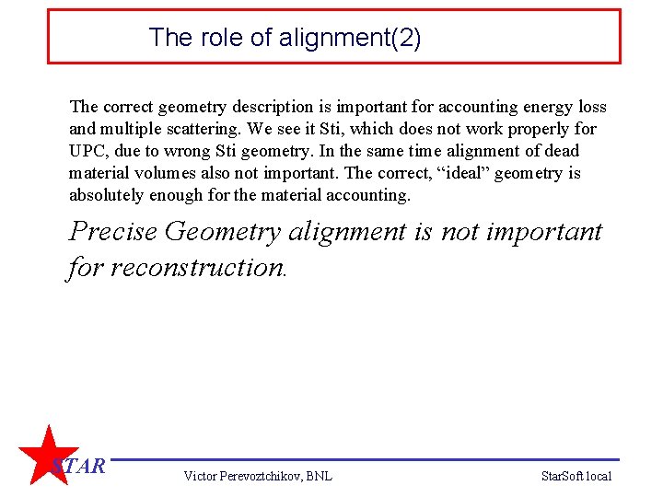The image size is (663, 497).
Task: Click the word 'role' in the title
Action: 213,38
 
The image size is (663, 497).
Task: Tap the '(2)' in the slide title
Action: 405,38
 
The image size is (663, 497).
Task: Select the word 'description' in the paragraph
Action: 262,107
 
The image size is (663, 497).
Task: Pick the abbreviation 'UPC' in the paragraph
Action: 87,151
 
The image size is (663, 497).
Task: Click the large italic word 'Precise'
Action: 112,231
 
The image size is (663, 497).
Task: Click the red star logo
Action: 46,456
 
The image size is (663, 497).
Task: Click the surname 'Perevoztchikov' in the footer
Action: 263,476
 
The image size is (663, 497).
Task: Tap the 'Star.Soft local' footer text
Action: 576,476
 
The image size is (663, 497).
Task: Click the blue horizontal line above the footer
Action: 368,459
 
